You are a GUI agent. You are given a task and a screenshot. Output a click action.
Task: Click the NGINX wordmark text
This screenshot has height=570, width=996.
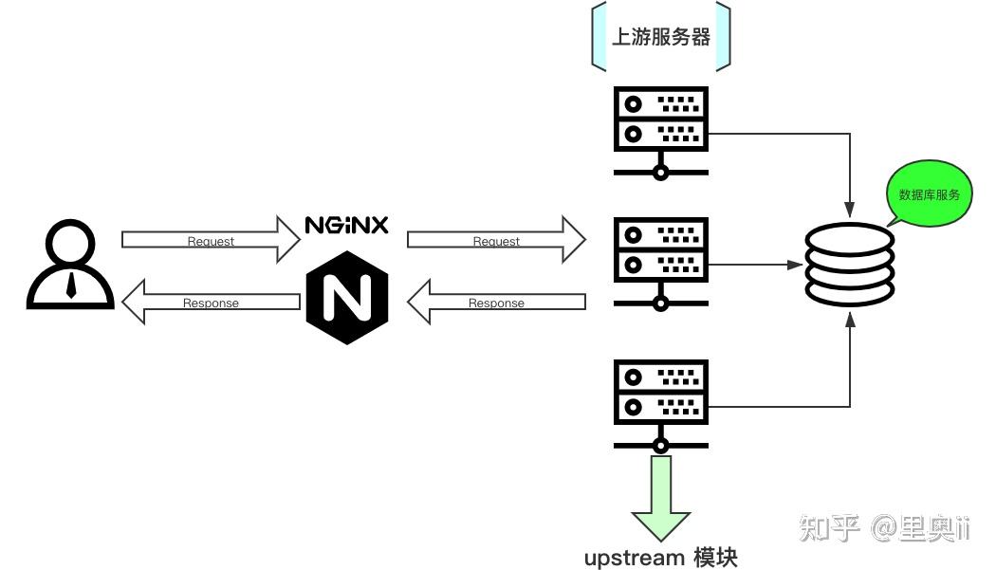point(346,226)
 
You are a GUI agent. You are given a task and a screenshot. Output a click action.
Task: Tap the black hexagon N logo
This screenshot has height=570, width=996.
point(348,298)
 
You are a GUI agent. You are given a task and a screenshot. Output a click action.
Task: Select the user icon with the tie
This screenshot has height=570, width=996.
point(70,265)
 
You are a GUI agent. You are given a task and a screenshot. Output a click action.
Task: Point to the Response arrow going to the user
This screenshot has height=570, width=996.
point(211,302)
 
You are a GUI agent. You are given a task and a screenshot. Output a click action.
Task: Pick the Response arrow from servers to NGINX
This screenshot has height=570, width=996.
point(496,302)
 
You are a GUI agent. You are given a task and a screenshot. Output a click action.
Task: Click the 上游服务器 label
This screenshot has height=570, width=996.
point(661,37)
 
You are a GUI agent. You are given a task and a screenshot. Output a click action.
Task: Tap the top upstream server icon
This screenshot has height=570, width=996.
point(661,132)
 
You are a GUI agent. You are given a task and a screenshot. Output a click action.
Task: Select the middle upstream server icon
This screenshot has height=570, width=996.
point(661,264)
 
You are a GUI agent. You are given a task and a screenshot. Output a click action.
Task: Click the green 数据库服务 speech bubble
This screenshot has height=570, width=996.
point(929,195)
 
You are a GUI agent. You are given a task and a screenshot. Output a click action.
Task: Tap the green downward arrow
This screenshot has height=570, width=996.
point(661,499)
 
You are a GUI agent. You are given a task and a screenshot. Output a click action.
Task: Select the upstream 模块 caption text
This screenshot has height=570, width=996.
point(661,558)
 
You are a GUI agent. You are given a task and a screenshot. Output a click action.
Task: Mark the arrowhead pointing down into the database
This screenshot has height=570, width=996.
point(850,205)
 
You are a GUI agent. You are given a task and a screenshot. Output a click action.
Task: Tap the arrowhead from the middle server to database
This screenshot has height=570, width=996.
point(798,266)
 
